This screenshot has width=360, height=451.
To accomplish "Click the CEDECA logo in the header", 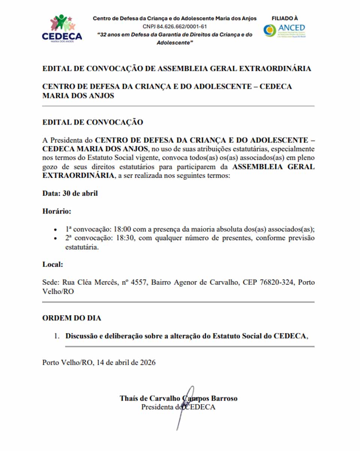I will pyautogui.click(x=62, y=28).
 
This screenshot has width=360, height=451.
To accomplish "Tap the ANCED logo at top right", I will pyautogui.click(x=284, y=30).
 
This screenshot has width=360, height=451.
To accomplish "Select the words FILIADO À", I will pyautogui.click(x=285, y=18).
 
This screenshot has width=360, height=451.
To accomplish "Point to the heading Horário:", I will pyautogui.click(x=57, y=211).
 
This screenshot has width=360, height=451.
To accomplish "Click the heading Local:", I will pyautogui.click(x=52, y=264).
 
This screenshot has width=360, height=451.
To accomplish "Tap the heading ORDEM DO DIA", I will pyautogui.click(x=72, y=318).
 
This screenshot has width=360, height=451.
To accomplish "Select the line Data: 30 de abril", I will pyautogui.click(x=70, y=193).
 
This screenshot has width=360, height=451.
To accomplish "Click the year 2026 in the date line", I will pyautogui.click(x=148, y=362).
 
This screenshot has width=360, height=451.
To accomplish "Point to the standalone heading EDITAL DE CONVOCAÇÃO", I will pyautogui.click(x=93, y=122).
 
